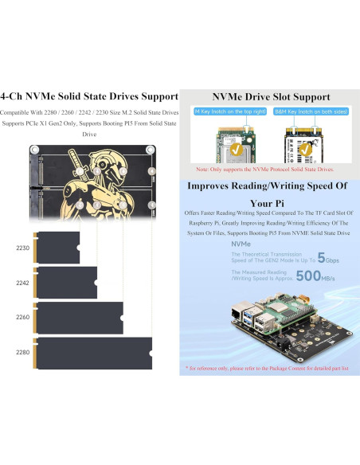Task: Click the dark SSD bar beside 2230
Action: [x=57, y=248]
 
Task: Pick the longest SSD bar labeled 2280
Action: [x=94, y=353]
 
